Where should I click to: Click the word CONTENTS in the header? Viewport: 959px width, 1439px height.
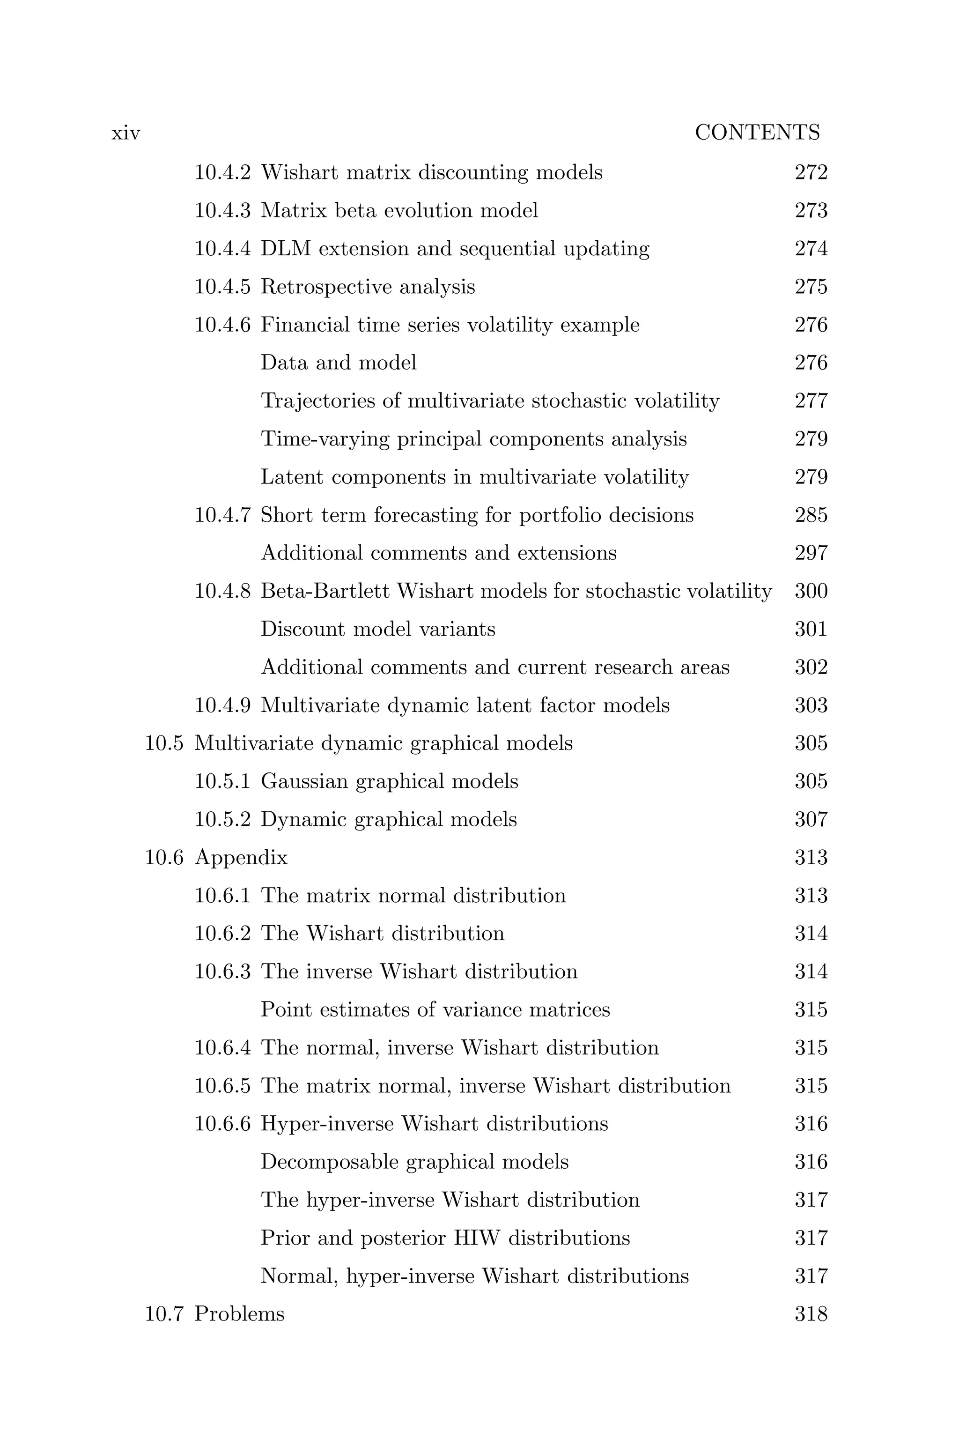click(x=757, y=133)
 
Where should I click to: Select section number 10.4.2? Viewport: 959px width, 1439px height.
click(x=222, y=172)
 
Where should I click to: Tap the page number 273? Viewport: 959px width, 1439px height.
click(x=811, y=210)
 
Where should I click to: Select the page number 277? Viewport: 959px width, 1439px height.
click(x=811, y=401)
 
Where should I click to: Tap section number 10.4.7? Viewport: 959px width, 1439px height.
click(x=222, y=515)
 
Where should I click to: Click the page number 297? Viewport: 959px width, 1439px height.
click(x=811, y=553)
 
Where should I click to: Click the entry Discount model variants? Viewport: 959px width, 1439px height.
click(x=377, y=629)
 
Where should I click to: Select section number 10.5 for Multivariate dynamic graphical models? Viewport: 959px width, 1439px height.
click(x=164, y=743)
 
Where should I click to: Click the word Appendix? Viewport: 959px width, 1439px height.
click(x=241, y=858)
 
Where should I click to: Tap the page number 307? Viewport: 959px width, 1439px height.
click(x=811, y=819)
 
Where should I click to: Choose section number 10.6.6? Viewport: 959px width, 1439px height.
click(x=222, y=1124)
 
